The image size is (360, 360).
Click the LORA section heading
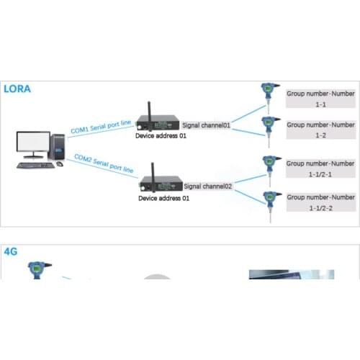(18, 90)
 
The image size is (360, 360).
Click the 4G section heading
(12, 252)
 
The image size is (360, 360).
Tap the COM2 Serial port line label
(104, 163)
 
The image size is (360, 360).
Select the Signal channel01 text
(207, 125)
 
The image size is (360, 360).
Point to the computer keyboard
(35, 166)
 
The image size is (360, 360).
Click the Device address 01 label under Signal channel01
(162, 135)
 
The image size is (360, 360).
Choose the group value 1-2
(320, 135)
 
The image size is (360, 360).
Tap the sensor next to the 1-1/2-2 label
(271, 202)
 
